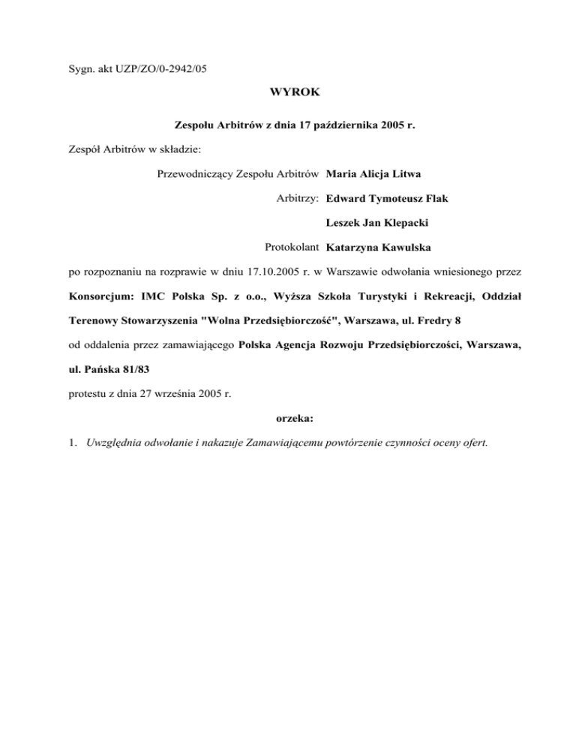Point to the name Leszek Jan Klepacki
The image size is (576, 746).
(x=382, y=223)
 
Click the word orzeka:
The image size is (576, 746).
(x=288, y=417)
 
